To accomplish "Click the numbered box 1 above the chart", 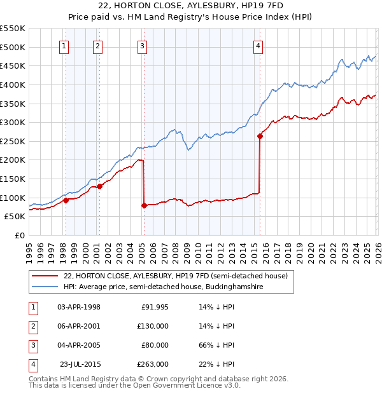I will click(65, 45).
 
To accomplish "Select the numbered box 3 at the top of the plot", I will click(142, 45).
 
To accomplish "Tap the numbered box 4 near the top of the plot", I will click(258, 45).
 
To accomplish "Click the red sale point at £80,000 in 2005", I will click(144, 205).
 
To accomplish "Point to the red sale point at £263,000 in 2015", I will click(260, 136).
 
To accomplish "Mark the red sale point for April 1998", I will click(66, 200).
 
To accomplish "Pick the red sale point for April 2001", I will click(99, 186).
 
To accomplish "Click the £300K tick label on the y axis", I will click(13, 122).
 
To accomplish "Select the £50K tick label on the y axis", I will click(15, 216).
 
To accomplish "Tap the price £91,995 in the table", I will click(154, 307).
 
